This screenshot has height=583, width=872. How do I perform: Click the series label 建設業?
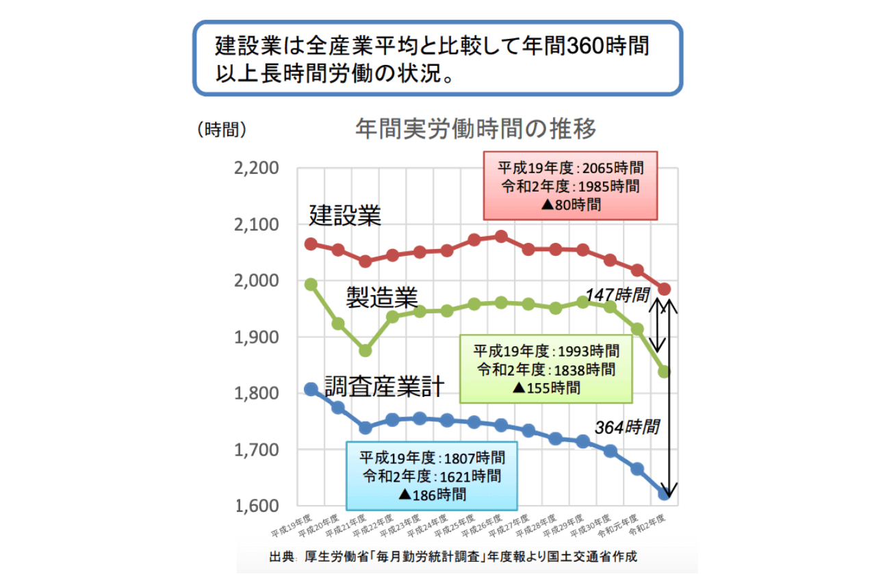(x=344, y=216)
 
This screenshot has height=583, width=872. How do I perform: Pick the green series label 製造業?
(x=381, y=297)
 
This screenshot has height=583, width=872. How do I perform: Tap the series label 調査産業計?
(x=384, y=387)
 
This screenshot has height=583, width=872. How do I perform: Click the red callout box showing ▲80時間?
(x=570, y=185)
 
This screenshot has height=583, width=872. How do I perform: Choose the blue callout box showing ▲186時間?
(x=431, y=475)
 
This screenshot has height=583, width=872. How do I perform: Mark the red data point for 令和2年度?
(x=664, y=289)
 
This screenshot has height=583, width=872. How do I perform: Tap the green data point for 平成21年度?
(x=366, y=350)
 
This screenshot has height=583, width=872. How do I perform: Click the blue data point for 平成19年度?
(x=311, y=389)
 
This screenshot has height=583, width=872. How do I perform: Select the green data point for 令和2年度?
(x=664, y=372)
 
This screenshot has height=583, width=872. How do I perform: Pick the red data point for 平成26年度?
(x=501, y=237)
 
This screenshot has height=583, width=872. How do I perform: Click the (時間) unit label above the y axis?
(x=220, y=130)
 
